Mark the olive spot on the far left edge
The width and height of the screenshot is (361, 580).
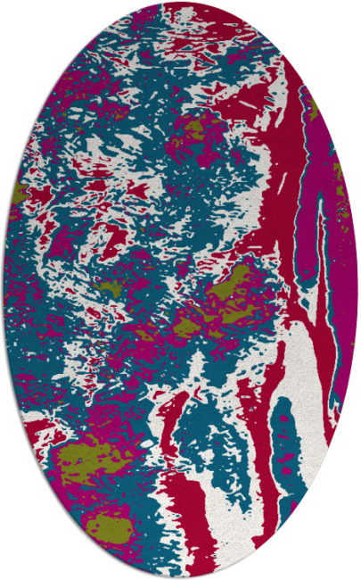(x=20, y=191)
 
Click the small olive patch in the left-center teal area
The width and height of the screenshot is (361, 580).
(x=111, y=287)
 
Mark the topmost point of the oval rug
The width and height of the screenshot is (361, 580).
(x=180, y=3)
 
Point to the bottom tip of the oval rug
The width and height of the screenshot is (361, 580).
(x=180, y=576)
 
